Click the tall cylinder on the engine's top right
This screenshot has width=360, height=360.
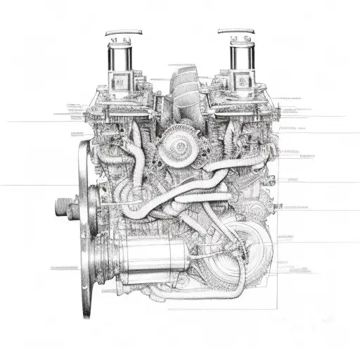pos(240,60)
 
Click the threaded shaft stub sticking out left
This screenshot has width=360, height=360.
pos(65,207)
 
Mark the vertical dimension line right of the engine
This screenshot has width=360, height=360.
pos(278,232)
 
